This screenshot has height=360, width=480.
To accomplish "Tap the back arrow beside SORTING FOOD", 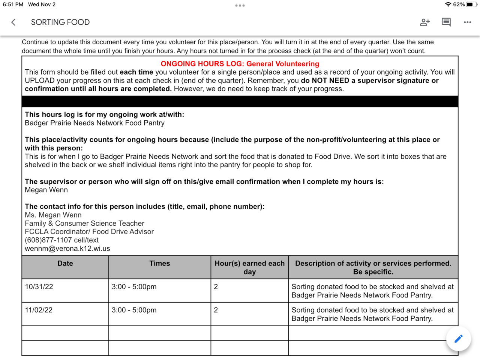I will pyautogui.click(x=13, y=22).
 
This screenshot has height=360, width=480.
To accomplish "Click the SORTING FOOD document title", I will pyautogui.click(x=60, y=22).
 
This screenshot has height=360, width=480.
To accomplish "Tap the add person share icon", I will pyautogui.click(x=424, y=22).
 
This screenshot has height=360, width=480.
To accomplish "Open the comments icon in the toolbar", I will pyautogui.click(x=446, y=22).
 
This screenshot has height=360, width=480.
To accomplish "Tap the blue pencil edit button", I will pyautogui.click(x=458, y=339).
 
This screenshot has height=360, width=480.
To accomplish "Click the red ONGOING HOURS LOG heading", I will pyautogui.click(x=240, y=64).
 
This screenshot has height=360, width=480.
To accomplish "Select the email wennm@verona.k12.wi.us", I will pyautogui.click(x=67, y=249).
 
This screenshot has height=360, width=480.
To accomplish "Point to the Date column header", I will pyautogui.click(x=65, y=264).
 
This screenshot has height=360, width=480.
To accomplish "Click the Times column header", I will pyautogui.click(x=160, y=264).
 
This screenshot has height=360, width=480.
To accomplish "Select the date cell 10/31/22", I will pyautogui.click(x=39, y=287).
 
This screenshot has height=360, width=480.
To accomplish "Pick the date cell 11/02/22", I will pyautogui.click(x=39, y=310).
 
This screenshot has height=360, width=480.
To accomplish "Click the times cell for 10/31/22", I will pyautogui.click(x=134, y=287).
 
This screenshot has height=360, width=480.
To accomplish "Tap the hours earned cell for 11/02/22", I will pyautogui.click(x=216, y=310).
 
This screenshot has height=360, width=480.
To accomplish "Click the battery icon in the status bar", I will pyautogui.click(x=471, y=4).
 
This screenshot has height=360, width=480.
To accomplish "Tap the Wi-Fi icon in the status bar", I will pyautogui.click(x=448, y=4).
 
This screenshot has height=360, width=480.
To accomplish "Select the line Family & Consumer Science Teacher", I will pyautogui.click(x=84, y=223).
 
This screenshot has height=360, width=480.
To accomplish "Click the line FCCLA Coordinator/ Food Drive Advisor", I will pyautogui.click(x=89, y=232).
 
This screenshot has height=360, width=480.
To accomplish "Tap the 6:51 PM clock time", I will pyautogui.click(x=13, y=4).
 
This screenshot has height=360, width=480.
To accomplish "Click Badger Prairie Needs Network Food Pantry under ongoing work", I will pyautogui.click(x=94, y=123).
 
